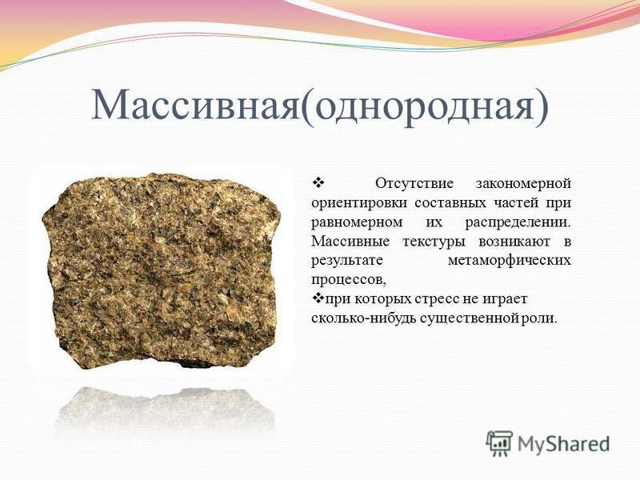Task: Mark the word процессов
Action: (x=347, y=279)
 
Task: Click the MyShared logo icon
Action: (x=498, y=442)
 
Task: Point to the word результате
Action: (x=348, y=260)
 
